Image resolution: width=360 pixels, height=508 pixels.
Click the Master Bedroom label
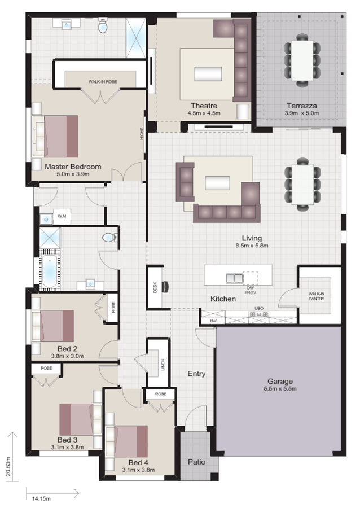click(73, 167)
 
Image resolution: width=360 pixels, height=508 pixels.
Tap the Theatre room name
click(204, 106)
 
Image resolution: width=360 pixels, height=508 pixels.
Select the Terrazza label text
click(301, 106)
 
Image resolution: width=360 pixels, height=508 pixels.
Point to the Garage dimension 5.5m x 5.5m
click(280, 389)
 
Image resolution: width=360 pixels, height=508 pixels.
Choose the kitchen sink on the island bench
click(234, 278)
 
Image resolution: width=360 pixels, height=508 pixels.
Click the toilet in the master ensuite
click(103, 26)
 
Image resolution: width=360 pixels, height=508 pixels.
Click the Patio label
click(196, 462)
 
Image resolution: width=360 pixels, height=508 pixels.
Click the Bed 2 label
click(67, 348)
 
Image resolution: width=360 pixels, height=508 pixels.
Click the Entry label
click(196, 374)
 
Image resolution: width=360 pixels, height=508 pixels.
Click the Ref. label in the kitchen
click(213, 321)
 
